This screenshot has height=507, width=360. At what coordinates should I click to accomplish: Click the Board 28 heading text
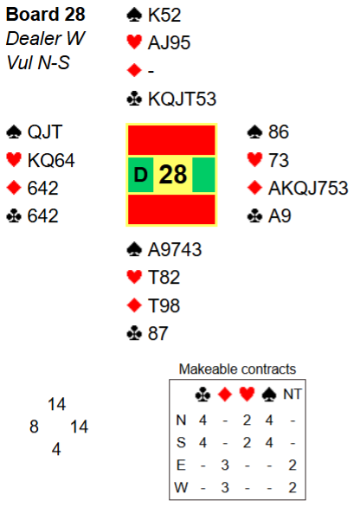pyautogui.click(x=45, y=15)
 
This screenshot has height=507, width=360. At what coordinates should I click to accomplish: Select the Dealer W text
pyautogui.click(x=45, y=38)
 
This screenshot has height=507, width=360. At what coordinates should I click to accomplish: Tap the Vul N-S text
pyautogui.click(x=38, y=62)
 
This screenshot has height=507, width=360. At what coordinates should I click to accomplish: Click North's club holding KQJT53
pyautogui.click(x=182, y=99)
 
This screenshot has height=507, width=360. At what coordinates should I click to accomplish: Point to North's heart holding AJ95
pyautogui.click(x=169, y=42)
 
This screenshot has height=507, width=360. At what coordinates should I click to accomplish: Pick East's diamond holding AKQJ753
pyautogui.click(x=308, y=188)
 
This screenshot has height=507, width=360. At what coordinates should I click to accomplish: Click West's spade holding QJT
pyautogui.click(x=45, y=132)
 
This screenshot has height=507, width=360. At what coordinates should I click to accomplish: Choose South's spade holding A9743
pyautogui.click(x=175, y=250)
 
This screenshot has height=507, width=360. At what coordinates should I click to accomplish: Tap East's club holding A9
pyautogui.click(x=280, y=215)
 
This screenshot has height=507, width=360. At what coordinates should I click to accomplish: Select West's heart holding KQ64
pyautogui.click(x=51, y=160)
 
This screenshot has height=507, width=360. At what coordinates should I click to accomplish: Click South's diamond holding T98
pyautogui.click(x=164, y=305)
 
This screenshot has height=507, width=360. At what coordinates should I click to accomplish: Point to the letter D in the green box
pyautogui.click(x=141, y=175)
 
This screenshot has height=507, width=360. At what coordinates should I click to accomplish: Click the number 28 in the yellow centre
pyautogui.click(x=173, y=174)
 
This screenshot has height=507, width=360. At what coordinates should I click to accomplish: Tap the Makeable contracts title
pyautogui.click(x=237, y=369)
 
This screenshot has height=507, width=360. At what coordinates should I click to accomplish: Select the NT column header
pyautogui.click(x=292, y=395)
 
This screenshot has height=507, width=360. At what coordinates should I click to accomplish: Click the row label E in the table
pyautogui.click(x=181, y=465)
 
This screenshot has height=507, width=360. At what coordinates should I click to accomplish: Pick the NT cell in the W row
pyautogui.click(x=292, y=487)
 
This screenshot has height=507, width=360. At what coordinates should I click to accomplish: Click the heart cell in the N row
pyautogui.click(x=247, y=420)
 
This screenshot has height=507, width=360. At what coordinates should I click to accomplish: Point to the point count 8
pyautogui.click(x=34, y=427)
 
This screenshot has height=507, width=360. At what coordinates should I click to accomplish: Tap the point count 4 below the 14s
pyautogui.click(x=56, y=449)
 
